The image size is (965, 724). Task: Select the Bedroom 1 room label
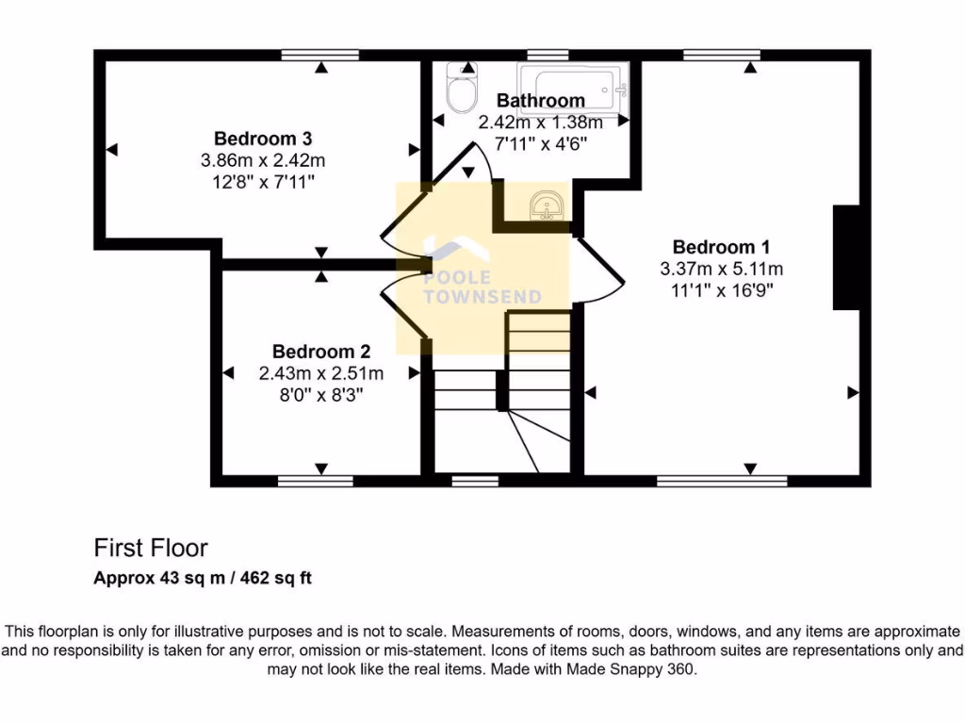pos(721,247)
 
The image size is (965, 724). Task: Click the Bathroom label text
pos(540,100)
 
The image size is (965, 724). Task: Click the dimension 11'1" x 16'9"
pos(721,289)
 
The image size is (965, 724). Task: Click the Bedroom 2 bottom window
pos(315,481)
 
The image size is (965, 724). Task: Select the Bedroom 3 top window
pos(320,55)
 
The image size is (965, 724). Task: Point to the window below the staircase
pos(475,481)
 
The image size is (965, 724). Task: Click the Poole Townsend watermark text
pos(482,288)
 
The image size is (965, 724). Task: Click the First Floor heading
pos(151,548)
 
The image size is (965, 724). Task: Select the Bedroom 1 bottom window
pos(712,481)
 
